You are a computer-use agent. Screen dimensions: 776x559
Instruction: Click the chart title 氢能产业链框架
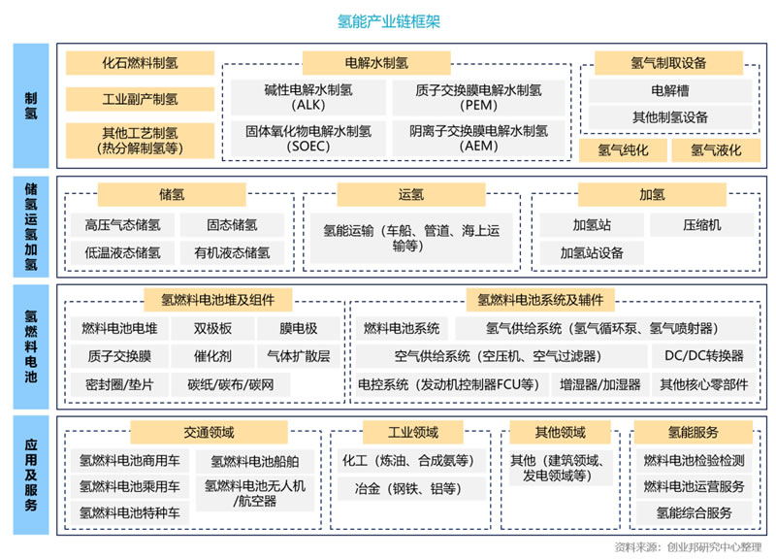[389, 21]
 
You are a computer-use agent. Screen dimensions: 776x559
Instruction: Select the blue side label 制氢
[31, 106]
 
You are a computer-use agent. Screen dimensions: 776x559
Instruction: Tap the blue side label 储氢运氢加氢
[31, 226]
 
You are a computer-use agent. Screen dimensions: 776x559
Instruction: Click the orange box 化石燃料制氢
[140, 63]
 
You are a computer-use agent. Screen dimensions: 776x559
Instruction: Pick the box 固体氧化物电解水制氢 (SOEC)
[308, 138]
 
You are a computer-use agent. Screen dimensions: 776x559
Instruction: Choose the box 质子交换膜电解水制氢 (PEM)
[478, 98]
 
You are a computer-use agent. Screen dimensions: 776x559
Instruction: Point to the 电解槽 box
[670, 90]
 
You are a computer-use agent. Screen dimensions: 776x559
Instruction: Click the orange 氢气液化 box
[716, 150]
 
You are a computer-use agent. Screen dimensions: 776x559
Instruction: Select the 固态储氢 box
[232, 225]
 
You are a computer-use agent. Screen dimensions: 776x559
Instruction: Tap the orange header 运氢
[410, 195]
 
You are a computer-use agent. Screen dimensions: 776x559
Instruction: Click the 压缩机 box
[701, 225]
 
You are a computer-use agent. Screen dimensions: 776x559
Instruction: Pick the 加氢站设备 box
[592, 253]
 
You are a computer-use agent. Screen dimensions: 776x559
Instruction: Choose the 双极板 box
[212, 328]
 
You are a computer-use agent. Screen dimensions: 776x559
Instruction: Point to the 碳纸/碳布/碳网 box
[231, 384]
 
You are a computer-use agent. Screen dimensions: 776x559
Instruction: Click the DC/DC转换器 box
[704, 356]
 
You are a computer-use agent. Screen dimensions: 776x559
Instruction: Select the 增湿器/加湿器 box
[600, 384]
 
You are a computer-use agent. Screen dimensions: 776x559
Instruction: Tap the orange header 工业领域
[413, 432]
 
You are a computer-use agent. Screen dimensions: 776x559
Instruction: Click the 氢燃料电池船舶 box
[255, 461]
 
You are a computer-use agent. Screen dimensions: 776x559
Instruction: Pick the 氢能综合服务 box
[694, 513]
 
